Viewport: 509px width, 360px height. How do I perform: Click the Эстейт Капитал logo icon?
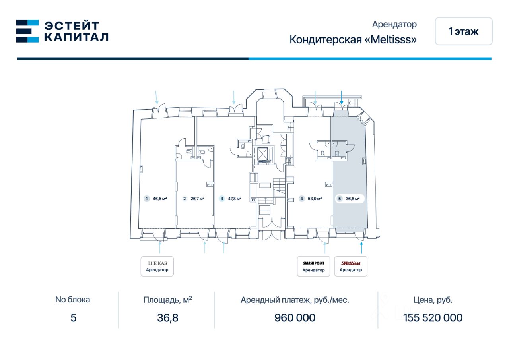point(27,31)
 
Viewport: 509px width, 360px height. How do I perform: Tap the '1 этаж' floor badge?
point(464,31)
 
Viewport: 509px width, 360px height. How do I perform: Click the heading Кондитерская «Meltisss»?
point(353,39)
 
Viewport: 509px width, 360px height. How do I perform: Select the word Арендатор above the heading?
point(394,24)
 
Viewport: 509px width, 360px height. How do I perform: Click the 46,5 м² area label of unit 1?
point(160,199)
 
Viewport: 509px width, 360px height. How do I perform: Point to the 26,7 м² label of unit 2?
point(197,199)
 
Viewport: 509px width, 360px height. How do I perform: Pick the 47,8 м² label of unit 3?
point(235,199)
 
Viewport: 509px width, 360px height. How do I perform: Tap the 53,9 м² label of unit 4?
point(315,199)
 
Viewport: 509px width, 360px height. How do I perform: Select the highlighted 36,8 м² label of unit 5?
point(353,199)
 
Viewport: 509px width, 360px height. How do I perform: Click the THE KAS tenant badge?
point(157,266)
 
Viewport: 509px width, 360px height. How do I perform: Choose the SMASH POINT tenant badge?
point(313,266)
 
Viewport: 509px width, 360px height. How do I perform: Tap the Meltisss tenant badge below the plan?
point(351,266)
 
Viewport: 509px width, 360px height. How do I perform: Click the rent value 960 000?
point(295,318)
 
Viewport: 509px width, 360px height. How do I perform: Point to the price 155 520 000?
point(433,318)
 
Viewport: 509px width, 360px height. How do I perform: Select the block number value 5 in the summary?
point(73,318)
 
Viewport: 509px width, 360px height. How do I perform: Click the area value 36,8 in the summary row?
point(168,318)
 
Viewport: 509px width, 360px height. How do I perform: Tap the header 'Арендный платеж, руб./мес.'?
point(295,300)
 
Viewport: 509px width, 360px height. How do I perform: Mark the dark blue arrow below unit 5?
point(361,248)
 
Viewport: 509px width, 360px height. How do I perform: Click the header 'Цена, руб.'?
point(433,300)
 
